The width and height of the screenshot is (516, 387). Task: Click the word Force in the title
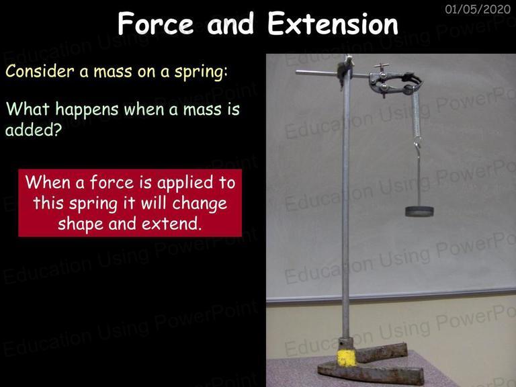[156, 24]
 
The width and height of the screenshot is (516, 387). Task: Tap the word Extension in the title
[333, 24]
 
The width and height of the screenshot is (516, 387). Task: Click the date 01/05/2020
[478, 9]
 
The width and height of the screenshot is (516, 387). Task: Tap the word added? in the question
[34, 130]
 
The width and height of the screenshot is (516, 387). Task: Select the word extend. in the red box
[171, 224]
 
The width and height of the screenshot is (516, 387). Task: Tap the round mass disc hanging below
[419, 211]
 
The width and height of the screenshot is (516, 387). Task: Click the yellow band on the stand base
[347, 358]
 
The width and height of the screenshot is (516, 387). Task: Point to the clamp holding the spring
[395, 83]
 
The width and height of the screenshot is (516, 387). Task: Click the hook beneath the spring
[417, 148]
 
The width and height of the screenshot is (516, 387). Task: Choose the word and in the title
[230, 24]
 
